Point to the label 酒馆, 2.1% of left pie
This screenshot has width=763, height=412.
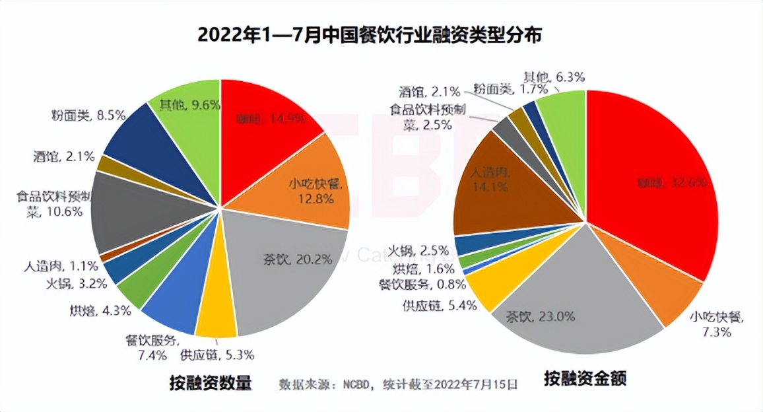[x=63, y=157]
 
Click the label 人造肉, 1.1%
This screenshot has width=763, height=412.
[x=63, y=266]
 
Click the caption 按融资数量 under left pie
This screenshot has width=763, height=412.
[x=211, y=382]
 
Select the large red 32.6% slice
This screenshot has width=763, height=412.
[x=647, y=178]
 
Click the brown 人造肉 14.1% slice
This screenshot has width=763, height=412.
[x=502, y=185]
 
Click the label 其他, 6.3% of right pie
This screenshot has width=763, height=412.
[x=554, y=77]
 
